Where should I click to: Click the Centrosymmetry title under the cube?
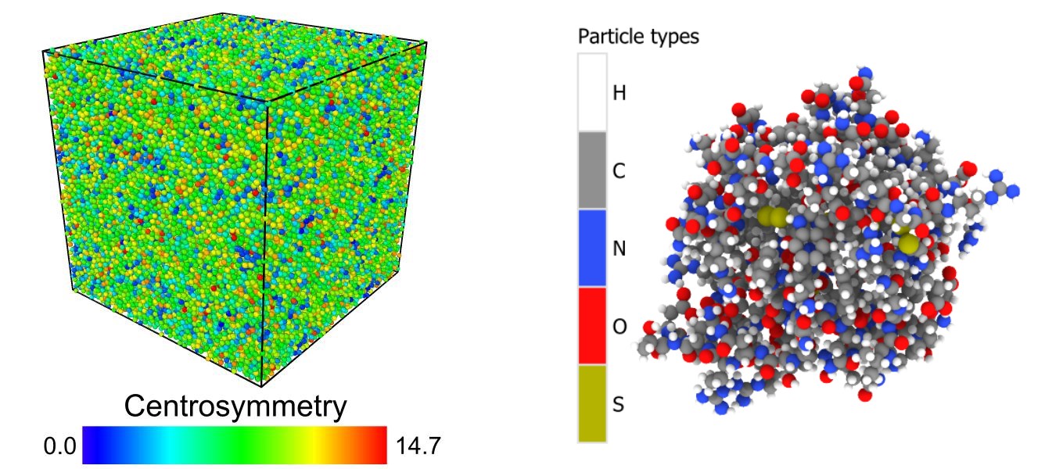(x=235, y=408)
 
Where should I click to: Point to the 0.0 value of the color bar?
(x=59, y=446)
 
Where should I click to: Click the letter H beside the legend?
(x=619, y=93)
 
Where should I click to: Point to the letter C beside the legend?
(x=619, y=171)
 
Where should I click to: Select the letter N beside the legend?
(x=619, y=249)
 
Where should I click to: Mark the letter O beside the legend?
(x=619, y=328)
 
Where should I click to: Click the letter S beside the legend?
(x=619, y=406)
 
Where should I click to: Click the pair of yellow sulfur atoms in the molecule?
(x=771, y=217)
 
